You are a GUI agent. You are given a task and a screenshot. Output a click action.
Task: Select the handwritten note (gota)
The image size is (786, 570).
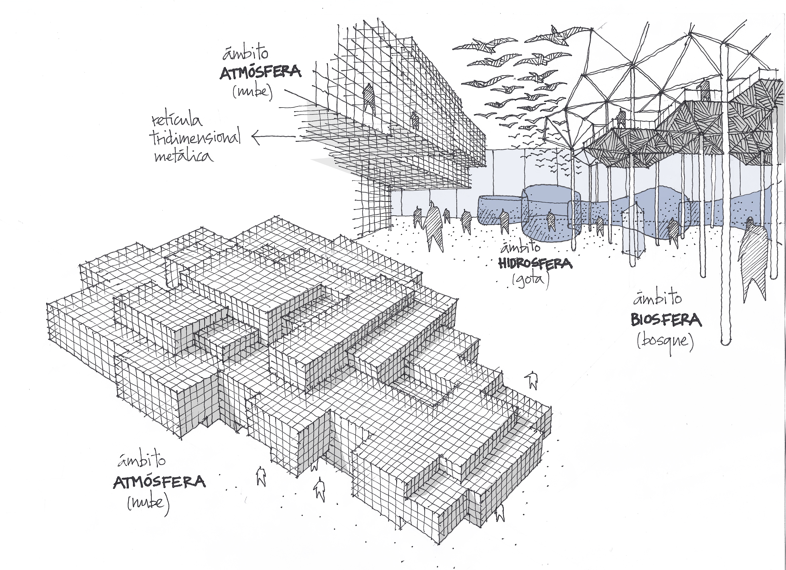pos(531,280)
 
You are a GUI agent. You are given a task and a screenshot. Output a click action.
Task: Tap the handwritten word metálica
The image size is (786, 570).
pos(184,156)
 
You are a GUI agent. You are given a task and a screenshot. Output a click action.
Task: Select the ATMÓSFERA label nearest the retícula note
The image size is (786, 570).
pos(260,73)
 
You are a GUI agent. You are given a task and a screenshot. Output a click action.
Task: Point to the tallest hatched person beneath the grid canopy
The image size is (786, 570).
pos(433,227)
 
